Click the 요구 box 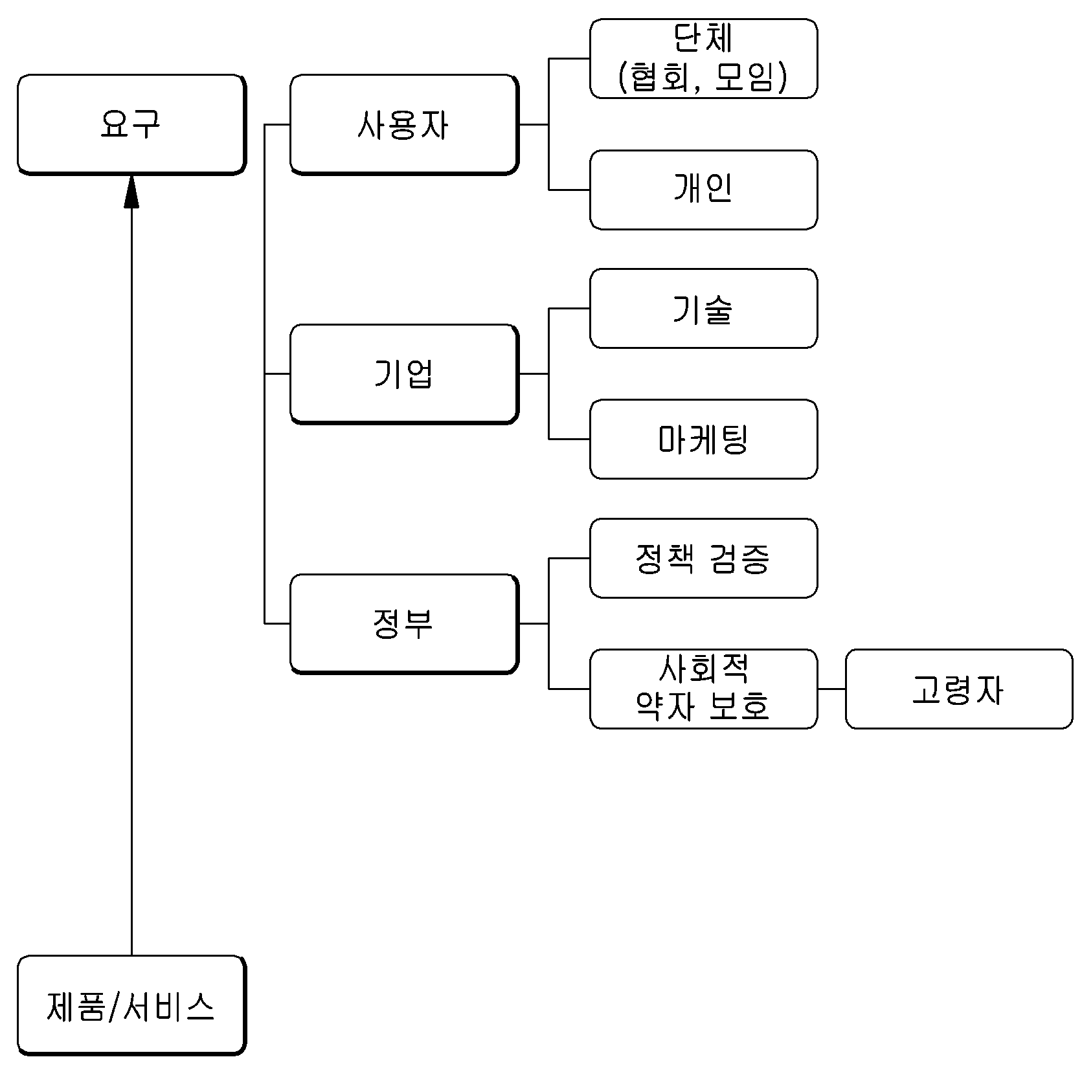point(131,124)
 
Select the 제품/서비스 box point(131,1005)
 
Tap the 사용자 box point(404,124)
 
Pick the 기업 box point(404,374)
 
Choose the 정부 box point(404,624)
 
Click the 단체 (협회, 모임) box point(703,58)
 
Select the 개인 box point(703,190)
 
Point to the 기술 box point(703,308)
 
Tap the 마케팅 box point(703,439)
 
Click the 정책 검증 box point(703,558)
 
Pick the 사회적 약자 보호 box point(703,689)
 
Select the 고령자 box point(959,689)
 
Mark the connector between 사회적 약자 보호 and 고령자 point(831,689)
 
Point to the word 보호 point(739,706)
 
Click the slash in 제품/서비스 point(113,1007)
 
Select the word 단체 point(703,38)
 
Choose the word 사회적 point(703,669)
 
